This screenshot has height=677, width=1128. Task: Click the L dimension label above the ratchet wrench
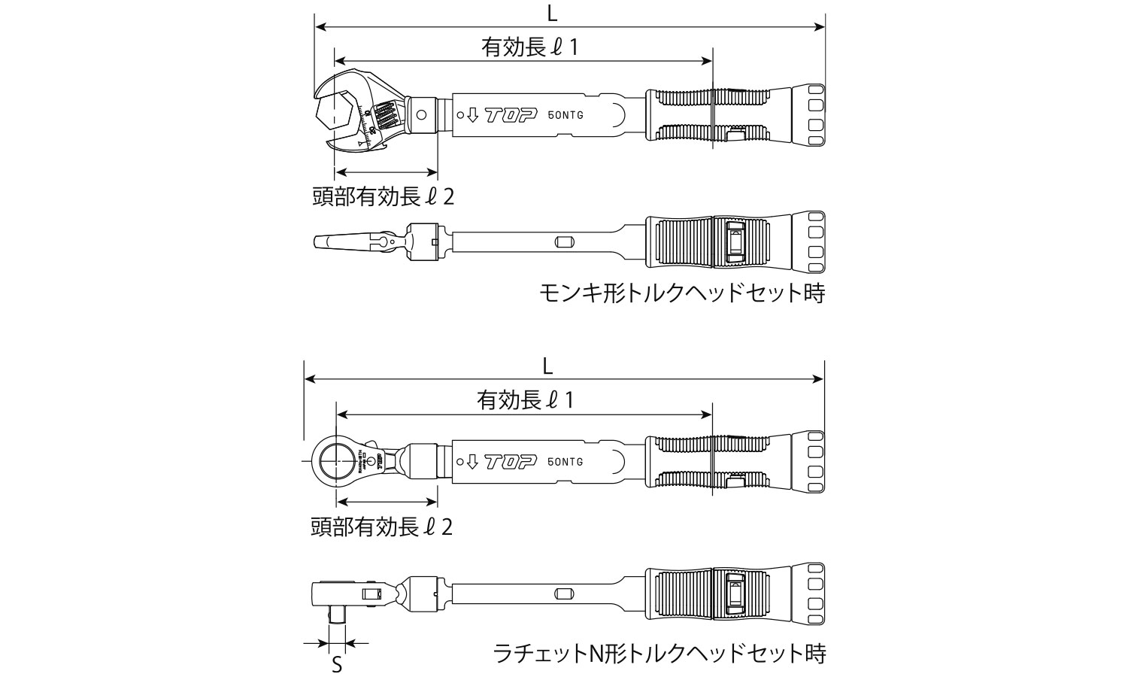point(547,366)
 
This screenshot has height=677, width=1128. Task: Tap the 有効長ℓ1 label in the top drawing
point(530,48)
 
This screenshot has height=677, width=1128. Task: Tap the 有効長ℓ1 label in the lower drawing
point(526,400)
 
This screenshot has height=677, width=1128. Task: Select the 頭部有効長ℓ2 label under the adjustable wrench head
point(384,197)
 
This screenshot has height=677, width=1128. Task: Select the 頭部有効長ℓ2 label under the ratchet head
point(382,527)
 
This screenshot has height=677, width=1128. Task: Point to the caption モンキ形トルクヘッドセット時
point(682,293)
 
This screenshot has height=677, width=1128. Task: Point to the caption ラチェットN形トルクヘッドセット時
point(659,652)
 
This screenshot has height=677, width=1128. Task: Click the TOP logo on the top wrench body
point(510,115)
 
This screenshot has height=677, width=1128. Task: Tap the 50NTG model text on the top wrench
point(566,115)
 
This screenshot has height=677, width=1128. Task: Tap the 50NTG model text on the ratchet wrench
point(566,461)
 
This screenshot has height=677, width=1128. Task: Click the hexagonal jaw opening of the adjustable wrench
point(335,111)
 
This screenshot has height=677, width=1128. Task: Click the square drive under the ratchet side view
point(337,618)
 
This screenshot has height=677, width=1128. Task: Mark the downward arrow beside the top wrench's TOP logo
point(472,115)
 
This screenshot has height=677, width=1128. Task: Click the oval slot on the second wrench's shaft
point(563,242)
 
